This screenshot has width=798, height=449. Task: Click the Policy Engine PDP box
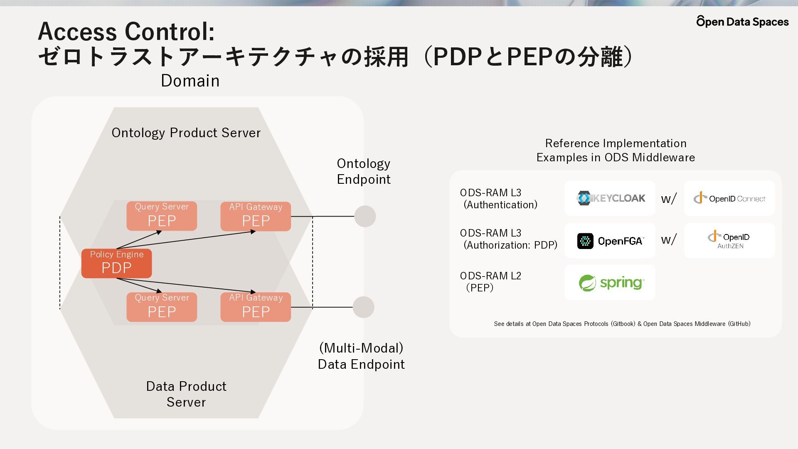click(117, 263)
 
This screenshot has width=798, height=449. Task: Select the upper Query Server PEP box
click(162, 216)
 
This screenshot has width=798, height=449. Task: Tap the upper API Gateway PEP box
click(256, 216)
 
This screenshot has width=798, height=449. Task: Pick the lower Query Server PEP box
click(162, 307)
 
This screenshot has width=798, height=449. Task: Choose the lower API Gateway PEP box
click(256, 307)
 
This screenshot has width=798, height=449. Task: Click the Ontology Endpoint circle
click(365, 216)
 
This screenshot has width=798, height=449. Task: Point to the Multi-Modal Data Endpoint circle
click(364, 307)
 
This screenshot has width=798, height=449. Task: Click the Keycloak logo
click(611, 198)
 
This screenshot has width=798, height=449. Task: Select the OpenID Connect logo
click(729, 198)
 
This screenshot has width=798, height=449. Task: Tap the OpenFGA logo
click(610, 241)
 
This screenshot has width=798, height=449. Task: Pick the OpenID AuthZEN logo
click(729, 239)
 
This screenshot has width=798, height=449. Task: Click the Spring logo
click(611, 283)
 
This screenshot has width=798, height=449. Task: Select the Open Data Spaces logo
click(742, 21)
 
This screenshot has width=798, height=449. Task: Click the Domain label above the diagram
click(190, 81)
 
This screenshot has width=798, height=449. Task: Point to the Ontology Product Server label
click(186, 133)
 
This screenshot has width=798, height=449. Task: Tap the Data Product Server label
click(186, 394)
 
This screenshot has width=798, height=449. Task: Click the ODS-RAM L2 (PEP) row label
click(490, 281)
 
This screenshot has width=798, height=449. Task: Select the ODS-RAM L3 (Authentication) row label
click(499, 199)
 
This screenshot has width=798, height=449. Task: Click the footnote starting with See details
click(622, 323)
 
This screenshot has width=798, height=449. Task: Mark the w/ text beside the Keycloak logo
click(669, 198)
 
